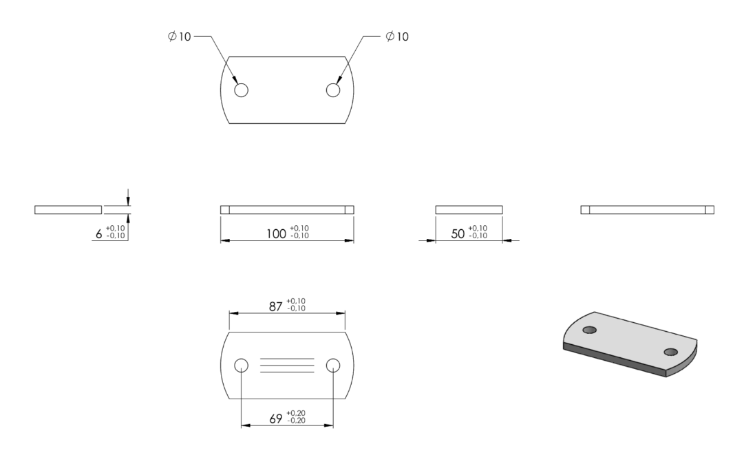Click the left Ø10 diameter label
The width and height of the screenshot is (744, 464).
point(180,36)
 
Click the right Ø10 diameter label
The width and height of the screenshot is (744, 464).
point(397,36)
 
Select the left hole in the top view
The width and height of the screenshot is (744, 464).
point(241,89)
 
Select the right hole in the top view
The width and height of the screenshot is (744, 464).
point(333,89)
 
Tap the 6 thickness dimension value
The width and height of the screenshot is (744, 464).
point(98,234)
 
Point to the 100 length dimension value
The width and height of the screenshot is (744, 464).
point(276,234)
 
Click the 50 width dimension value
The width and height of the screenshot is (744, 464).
point(458,234)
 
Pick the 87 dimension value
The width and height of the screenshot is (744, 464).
point(276,306)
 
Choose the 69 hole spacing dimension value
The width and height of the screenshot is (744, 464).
point(276,419)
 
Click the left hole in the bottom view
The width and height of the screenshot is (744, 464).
point(241,366)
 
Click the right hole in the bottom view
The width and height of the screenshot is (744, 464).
point(333,366)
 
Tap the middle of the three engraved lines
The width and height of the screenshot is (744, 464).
point(287,366)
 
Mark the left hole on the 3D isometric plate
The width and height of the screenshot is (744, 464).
point(589,330)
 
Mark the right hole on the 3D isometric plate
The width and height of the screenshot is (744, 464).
point(671,352)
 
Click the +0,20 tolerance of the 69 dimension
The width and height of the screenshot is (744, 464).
point(296,413)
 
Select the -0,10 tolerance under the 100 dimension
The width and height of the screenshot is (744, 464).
point(299,236)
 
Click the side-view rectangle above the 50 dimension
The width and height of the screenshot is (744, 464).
point(469,210)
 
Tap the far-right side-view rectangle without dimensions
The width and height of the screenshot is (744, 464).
point(647,210)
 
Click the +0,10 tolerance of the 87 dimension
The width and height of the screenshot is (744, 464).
point(296,301)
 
